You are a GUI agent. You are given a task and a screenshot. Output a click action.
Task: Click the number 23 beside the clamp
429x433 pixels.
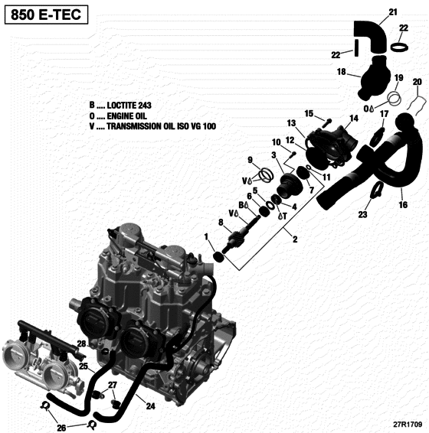[x=362, y=216]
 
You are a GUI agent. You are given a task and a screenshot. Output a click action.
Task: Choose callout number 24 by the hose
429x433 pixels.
[x=150, y=406]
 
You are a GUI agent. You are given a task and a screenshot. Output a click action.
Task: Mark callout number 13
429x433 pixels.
[x=291, y=123]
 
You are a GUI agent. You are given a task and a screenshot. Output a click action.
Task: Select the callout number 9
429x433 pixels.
[x=249, y=159]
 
